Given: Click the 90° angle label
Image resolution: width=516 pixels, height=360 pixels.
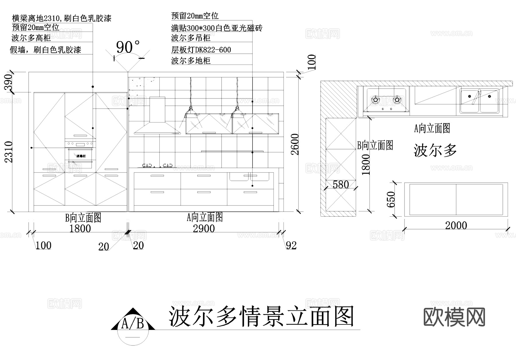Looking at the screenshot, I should coord(128,47).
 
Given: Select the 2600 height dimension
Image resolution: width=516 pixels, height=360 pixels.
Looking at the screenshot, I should coord(295,144).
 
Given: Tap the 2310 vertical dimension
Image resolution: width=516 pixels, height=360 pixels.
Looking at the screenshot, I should coord(9,152).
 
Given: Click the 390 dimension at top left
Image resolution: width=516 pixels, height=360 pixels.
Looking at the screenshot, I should coord(9,82).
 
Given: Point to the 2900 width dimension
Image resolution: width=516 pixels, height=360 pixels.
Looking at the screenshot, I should coord(204,229).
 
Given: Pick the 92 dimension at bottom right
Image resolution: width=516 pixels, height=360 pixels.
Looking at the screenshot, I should coord(291,246).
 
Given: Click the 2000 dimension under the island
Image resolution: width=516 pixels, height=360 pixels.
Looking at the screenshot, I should coord(456,225).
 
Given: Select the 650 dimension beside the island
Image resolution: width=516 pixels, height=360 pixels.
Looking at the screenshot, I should coord(391,199).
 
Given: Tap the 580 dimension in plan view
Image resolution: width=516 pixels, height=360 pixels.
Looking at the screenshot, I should coord(341,184).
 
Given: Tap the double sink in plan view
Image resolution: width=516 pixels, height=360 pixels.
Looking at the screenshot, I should coord(479,101).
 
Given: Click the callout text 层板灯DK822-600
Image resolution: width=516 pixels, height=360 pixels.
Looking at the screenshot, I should coord(201,50).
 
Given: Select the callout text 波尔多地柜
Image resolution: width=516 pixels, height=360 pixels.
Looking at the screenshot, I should coord(191,61).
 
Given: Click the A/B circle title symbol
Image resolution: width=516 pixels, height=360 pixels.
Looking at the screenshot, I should coord(133,327).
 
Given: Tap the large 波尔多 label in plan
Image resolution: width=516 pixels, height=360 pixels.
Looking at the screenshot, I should coord(435,150).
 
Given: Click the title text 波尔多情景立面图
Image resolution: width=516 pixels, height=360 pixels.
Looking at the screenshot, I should coord(261,316).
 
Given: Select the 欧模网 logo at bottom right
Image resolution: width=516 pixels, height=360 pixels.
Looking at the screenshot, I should coord(454,317).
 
